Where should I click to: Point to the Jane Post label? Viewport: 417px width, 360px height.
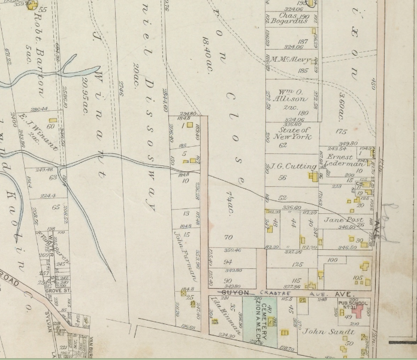[340, 220]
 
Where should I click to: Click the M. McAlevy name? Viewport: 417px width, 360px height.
[291, 59]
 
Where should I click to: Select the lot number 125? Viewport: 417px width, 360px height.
[297, 264]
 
